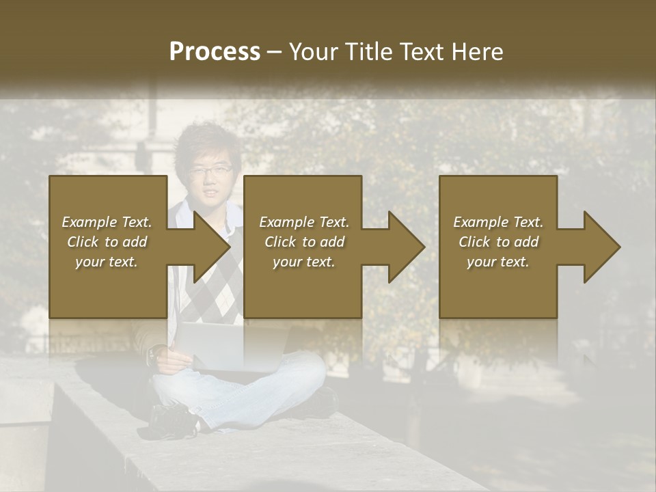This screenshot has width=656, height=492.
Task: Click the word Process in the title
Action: point(215,51)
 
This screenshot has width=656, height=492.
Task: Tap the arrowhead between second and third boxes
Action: point(406,247)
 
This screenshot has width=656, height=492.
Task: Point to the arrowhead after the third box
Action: point(601,247)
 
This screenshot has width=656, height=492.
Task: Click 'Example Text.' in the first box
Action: point(107,222)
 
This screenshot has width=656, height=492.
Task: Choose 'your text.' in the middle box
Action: point(304,262)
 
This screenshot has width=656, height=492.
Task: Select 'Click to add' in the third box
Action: point(498,242)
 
